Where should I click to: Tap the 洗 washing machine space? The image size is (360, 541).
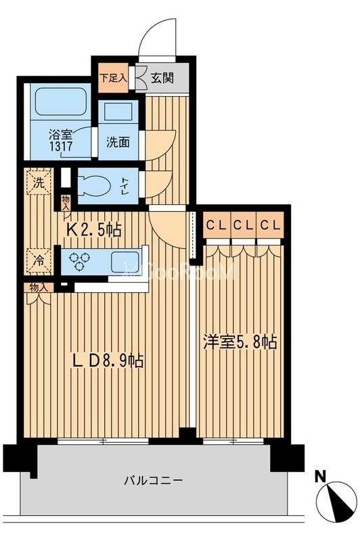[38, 181]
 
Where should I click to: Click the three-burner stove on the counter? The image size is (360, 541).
[81, 261]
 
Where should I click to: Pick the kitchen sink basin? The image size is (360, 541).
[125, 260]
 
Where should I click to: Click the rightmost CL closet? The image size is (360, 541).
[271, 225]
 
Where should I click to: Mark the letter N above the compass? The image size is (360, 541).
[321, 475]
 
